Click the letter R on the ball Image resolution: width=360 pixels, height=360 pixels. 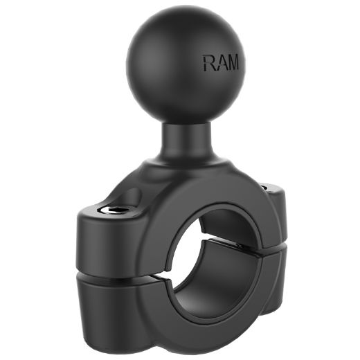click(208, 64)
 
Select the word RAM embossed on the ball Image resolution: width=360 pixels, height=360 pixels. click(220, 64)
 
